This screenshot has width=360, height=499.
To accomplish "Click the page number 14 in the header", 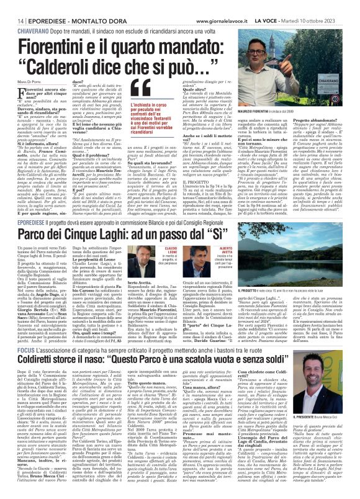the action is point(13,6).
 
